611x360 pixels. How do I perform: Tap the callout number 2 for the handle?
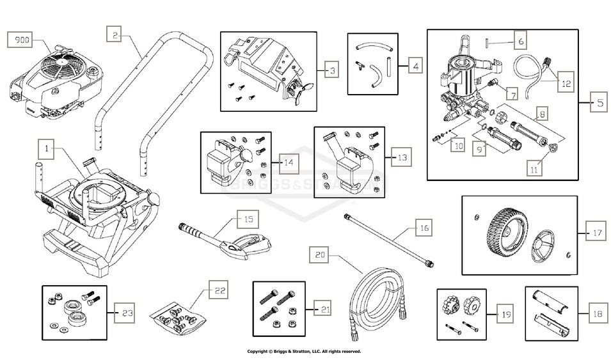pos(114,36)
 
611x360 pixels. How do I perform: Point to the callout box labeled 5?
pos(598,103)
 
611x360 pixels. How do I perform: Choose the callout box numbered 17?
pos(597,233)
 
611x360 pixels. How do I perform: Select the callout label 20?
pos(321,254)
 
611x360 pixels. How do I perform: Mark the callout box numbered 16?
pos(424,228)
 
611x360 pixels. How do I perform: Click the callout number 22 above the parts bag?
pos(219,291)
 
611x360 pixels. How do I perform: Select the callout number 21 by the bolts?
pos(325,309)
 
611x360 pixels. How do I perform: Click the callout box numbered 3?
pos(331,70)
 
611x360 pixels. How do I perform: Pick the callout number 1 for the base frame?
pos(47,150)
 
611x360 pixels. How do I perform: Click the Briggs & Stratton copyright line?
pos(305,351)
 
